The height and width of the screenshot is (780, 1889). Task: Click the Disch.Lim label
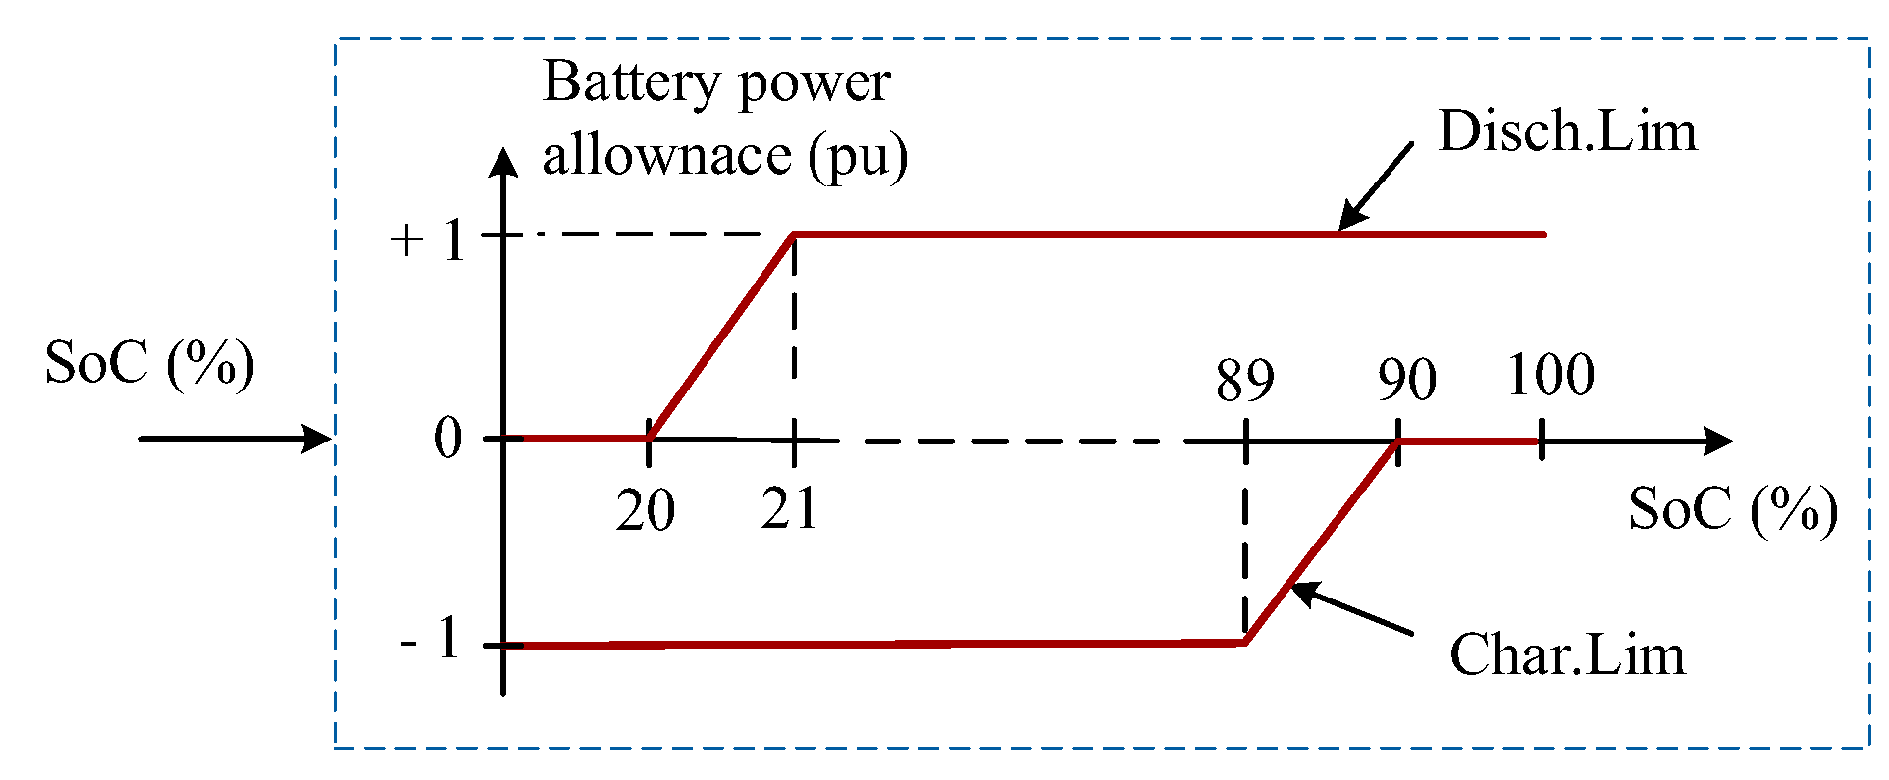[x=1566, y=131]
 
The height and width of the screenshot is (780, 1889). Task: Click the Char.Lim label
[x=1566, y=654]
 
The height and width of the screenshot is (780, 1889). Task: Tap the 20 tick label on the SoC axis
[x=645, y=511]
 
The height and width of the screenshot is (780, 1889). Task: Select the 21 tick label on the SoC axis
[x=789, y=509]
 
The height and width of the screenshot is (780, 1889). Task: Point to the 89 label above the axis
[x=1244, y=381]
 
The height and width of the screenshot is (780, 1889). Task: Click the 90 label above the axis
[x=1405, y=380]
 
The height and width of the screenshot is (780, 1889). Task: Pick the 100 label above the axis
[x=1549, y=376]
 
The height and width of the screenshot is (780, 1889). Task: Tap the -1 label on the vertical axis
[x=431, y=641]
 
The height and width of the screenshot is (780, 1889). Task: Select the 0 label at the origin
[x=447, y=439]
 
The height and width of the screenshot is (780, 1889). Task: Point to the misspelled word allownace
[x=666, y=156]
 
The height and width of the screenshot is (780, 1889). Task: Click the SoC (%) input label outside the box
[x=149, y=364]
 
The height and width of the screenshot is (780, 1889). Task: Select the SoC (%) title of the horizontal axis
[x=1732, y=510]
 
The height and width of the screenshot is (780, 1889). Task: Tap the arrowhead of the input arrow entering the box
[x=316, y=438]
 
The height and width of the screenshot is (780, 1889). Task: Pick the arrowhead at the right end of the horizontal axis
[x=1716, y=442]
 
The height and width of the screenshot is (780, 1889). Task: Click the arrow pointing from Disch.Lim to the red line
[x=1376, y=185]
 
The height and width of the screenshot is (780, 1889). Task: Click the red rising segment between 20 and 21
[x=721, y=336]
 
